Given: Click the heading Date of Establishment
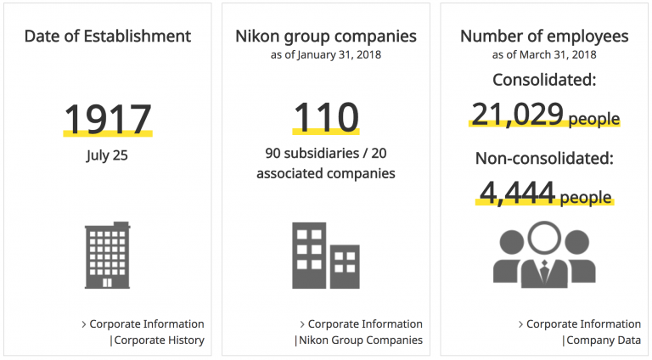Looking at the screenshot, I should coord(108,37).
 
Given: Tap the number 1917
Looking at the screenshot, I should coord(108,120).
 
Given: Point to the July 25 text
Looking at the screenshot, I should coord(108,155).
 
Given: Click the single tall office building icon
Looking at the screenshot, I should coord(108,254).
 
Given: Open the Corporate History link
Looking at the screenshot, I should coord(160,340).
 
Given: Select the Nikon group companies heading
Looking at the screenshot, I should coord(326,37).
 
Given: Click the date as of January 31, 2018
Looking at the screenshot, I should coord(326,55).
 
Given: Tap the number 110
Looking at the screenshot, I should coord(326,118).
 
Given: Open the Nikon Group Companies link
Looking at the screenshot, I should coord(360,340).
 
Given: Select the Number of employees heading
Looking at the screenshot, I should coord(544,37).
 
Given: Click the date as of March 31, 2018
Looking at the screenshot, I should coord(544,55).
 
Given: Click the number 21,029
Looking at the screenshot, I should coord(517,114).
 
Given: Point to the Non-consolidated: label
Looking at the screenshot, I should coord(544,158).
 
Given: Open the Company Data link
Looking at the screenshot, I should coord(604,340).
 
